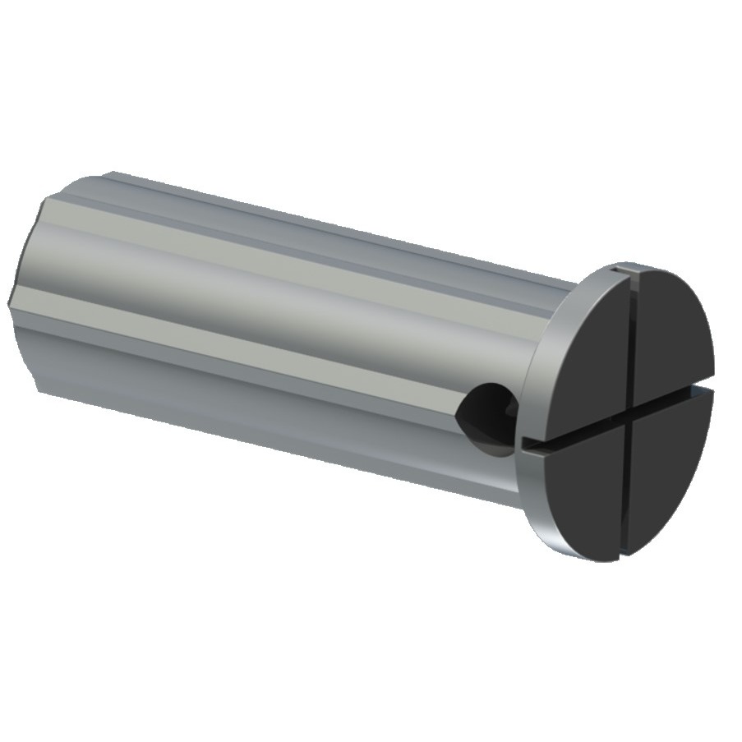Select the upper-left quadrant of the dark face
click(x=583, y=353)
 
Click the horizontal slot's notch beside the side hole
click(x=530, y=445)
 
